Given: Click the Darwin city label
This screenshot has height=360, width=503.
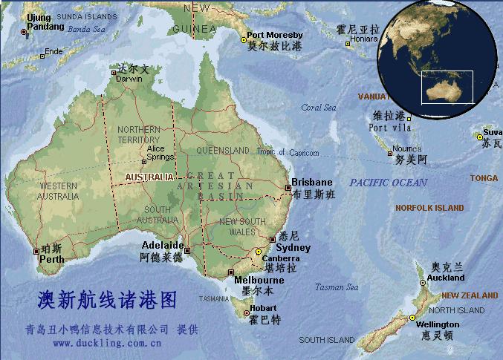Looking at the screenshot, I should pyautogui.click(x=128, y=78).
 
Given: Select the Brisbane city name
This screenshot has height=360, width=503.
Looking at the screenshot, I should pyautogui.click(x=312, y=183).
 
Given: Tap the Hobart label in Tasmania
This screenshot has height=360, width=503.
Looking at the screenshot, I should pyautogui.click(x=263, y=309).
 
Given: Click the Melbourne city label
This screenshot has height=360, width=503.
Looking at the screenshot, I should pyautogui.click(x=259, y=281).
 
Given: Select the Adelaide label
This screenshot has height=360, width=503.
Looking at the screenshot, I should pyautogui.click(x=162, y=246).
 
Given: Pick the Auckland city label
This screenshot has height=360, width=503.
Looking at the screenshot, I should pyautogui.click(x=446, y=278).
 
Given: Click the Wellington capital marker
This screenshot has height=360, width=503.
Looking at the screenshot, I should pyautogui.click(x=409, y=318).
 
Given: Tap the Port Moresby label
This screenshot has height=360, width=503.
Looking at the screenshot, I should pyautogui.click(x=275, y=35).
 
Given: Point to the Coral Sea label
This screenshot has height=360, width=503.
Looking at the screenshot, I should pyautogui.click(x=319, y=108).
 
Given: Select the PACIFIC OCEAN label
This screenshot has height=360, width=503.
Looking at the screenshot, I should pyautogui.click(x=389, y=183).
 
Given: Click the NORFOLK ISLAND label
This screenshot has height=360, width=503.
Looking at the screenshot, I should pyautogui.click(x=429, y=209).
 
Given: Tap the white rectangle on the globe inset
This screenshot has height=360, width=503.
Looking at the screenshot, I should pyautogui.click(x=447, y=87).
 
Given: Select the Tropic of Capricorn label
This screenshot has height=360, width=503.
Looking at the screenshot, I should pyautogui.click(x=288, y=153).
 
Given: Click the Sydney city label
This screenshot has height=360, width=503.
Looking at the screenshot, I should pyautogui.click(x=295, y=249).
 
